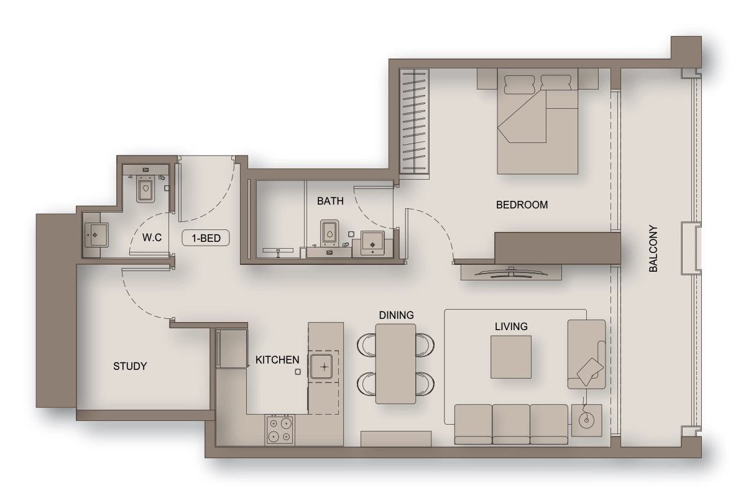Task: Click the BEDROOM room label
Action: click(522, 205)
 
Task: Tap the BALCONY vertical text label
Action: click(653, 249)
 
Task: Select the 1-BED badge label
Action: click(206, 238)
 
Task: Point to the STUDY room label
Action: click(130, 366)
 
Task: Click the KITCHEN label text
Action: click(277, 360)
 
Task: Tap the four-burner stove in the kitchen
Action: click(280, 429)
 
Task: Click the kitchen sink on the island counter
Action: click(321, 367)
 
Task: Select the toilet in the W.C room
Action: click(145, 189)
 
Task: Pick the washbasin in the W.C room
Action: click(96, 235)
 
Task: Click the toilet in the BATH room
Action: click(329, 233)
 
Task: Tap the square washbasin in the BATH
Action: click(372, 244)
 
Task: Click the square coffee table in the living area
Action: click(511, 357)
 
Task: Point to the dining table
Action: click(395, 364)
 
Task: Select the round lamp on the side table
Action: click(586, 421)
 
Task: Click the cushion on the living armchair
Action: click(590, 372)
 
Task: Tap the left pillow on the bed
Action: click(520, 85)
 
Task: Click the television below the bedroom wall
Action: click(511, 273)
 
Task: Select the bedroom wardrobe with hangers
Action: click(414, 121)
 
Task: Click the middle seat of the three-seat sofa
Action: click(511, 424)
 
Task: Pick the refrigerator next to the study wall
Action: click(232, 348)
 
